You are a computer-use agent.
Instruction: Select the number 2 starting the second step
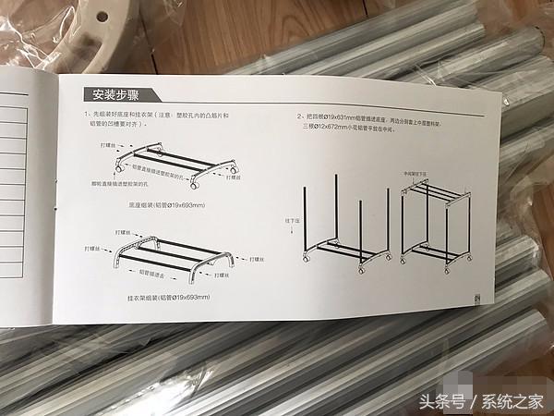tap(299, 117)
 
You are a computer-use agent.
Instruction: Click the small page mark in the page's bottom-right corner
tap(476, 299)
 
